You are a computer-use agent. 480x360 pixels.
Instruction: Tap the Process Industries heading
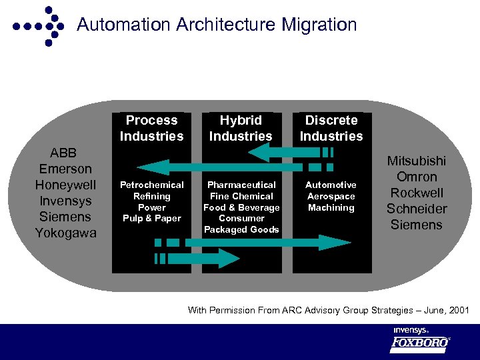point(151,128)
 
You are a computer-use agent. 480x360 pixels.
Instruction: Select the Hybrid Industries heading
point(241,128)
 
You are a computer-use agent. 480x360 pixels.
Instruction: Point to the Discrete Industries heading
point(331,128)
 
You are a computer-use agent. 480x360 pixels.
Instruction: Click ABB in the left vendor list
point(65,153)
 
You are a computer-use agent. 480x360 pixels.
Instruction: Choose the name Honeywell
point(65,185)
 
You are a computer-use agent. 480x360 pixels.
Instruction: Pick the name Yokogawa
point(65,233)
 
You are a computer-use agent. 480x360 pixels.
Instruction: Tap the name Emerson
point(65,169)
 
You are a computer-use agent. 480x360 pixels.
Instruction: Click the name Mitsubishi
point(417,161)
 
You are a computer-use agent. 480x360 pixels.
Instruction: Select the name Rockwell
point(417,193)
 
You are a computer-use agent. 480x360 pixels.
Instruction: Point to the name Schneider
point(417,209)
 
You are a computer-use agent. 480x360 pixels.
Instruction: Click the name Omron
point(417,177)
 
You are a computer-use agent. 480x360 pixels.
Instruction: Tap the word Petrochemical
point(151,185)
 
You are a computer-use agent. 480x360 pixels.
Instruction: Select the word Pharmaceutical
point(241,185)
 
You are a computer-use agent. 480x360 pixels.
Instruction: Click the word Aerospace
point(331,196)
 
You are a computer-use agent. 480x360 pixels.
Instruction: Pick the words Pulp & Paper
point(151,218)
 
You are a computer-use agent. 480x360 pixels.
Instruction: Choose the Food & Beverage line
point(241,207)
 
